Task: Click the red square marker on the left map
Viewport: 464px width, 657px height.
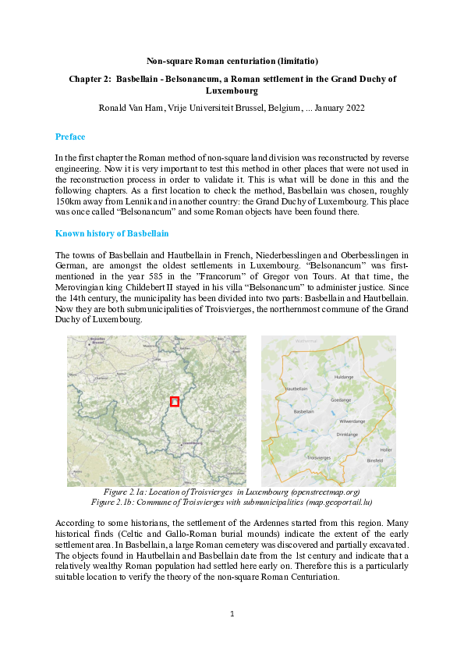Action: (x=175, y=401)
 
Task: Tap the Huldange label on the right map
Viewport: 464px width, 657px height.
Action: (x=343, y=376)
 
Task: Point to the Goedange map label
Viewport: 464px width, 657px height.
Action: (x=341, y=398)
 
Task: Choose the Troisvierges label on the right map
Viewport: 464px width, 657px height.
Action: (x=320, y=457)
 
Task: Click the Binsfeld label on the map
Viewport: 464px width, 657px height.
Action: (x=374, y=461)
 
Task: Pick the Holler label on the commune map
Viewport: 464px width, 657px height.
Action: (x=385, y=449)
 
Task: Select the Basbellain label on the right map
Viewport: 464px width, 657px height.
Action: (x=303, y=411)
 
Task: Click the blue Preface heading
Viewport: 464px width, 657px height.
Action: (x=70, y=137)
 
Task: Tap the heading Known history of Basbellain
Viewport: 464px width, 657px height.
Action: (x=112, y=234)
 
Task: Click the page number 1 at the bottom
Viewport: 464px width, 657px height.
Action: (x=232, y=615)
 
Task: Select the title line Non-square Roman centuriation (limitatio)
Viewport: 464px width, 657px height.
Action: (x=232, y=60)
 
